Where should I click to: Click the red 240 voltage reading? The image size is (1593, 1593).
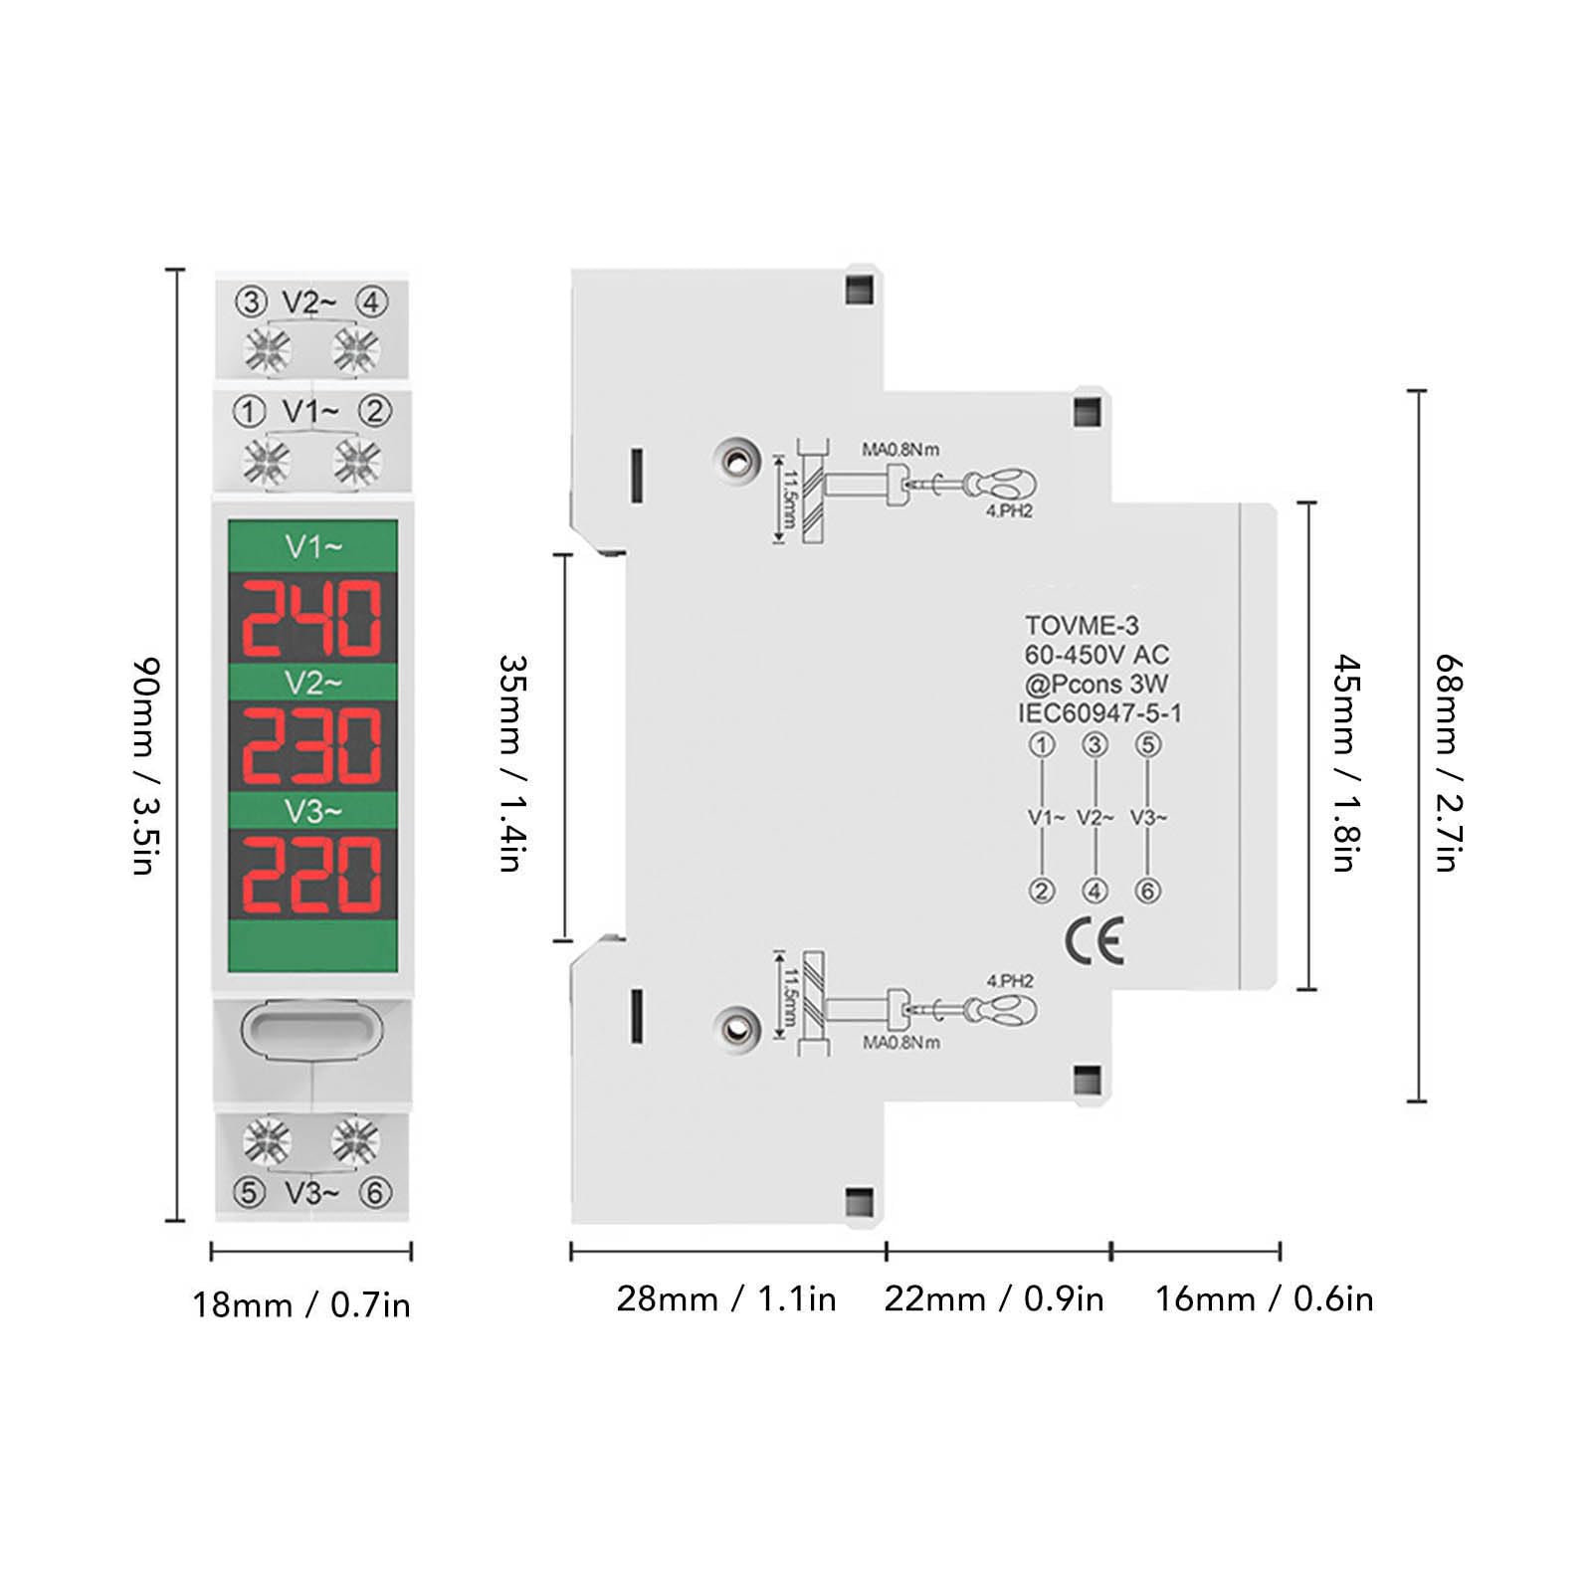click(312, 617)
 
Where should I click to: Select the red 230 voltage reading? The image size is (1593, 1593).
click(312, 745)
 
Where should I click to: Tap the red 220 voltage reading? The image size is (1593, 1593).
click(312, 875)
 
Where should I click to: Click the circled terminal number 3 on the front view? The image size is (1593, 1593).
click(251, 301)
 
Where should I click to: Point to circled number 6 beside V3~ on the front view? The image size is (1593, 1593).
click(375, 1192)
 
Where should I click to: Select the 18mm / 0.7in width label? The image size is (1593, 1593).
click(301, 1304)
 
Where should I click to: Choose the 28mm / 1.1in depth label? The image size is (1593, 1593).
click(726, 1298)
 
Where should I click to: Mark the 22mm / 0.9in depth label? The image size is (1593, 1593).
click(994, 1298)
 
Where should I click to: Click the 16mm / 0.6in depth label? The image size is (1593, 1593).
click(1264, 1298)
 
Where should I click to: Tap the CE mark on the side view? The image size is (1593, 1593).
click(1095, 940)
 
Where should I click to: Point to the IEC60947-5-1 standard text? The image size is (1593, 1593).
click(1099, 713)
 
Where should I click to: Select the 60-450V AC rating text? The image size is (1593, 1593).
click(1096, 655)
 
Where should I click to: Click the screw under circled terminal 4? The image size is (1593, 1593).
click(355, 350)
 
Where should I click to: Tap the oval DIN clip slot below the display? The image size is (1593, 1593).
click(311, 1031)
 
